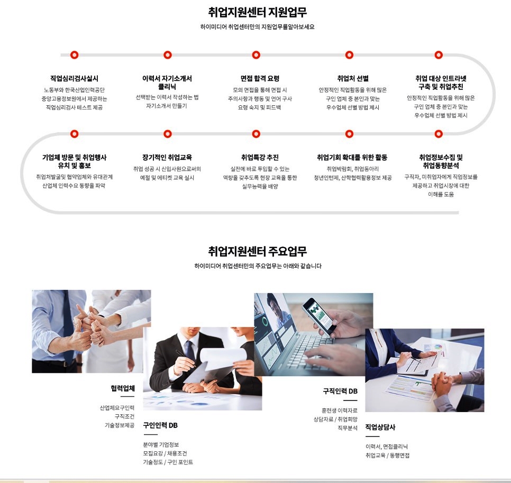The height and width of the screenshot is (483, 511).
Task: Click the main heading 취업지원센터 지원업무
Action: (x=257, y=12)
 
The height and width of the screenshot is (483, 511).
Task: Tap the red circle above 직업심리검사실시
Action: (x=74, y=54)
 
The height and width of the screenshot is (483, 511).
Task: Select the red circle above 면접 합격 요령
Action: (x=256, y=54)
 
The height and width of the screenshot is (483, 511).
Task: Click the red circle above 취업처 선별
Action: (x=349, y=54)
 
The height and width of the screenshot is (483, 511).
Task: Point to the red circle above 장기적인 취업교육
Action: (x=168, y=134)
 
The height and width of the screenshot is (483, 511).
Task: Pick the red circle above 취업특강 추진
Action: (x=256, y=134)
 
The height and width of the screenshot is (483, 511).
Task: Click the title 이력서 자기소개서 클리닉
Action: (x=167, y=83)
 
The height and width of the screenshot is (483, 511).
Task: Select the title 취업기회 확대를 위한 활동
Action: (x=352, y=158)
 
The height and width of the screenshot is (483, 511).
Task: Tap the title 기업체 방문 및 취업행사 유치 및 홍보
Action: (x=74, y=161)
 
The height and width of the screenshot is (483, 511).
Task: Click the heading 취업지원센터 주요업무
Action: (x=257, y=251)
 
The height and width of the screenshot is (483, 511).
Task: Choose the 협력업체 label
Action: (x=123, y=388)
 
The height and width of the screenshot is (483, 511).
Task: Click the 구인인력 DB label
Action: (x=160, y=425)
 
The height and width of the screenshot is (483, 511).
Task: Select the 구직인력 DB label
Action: (x=340, y=391)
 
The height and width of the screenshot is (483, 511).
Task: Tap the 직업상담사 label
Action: (x=380, y=427)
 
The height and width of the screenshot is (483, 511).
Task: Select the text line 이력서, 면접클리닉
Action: (x=387, y=446)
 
